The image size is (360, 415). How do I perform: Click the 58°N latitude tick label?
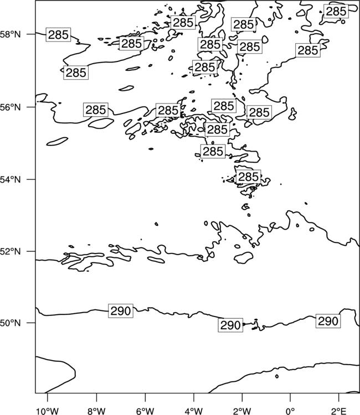tap(10, 34)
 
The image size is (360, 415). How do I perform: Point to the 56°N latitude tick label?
tap(10, 107)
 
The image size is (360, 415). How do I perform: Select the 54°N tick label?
tap(10, 179)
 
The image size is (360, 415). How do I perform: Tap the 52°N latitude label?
tap(10, 251)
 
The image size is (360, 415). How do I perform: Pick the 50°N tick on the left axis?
tap(10, 323)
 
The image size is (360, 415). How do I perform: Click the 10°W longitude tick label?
tap(48, 411)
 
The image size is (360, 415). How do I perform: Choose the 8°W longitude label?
tap(96, 411)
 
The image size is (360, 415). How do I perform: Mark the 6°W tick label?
tap(145, 411)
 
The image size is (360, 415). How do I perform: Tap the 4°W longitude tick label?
tap(193, 411)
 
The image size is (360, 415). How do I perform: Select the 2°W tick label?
tap(242, 411)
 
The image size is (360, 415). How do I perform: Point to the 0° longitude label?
tap(290, 411)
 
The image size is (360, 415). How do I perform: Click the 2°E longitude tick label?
tap(338, 411)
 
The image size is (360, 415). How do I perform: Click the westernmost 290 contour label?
tap(121, 311)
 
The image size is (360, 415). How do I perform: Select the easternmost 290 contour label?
tap(328, 321)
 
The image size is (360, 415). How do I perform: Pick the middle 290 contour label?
tap(230, 325)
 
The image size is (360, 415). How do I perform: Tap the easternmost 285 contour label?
tap(336, 12)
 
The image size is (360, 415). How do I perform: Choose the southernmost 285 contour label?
tap(248, 177)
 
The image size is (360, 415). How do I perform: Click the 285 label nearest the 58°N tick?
tap(58, 34)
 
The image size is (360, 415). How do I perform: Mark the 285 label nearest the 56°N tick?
tap(96, 110)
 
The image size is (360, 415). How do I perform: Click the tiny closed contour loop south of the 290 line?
tap(277, 376)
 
